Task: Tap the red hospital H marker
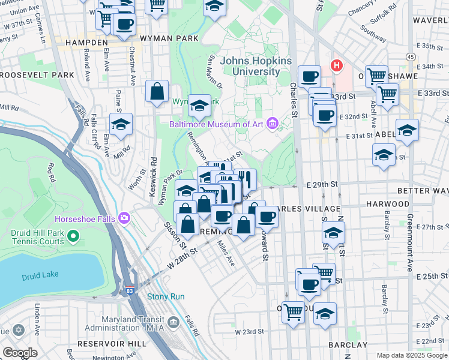[337, 65]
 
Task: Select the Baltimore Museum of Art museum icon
[272, 124]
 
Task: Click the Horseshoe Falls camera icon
[125, 217]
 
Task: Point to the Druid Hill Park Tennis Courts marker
[74, 237]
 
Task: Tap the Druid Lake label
[38, 277]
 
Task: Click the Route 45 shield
[411, 56]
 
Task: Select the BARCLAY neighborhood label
[349, 345]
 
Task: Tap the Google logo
[20, 353]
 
